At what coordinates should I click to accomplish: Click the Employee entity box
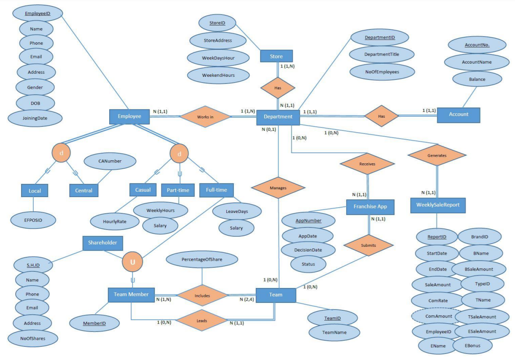point(129,116)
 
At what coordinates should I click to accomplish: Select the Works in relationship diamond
point(205,117)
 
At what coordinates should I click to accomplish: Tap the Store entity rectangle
point(276,56)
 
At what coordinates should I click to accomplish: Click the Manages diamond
point(278,187)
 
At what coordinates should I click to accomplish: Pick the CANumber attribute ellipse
point(110,161)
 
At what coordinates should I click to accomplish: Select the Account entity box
point(458,114)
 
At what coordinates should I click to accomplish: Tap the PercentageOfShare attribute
point(202,259)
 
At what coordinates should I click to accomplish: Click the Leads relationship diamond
point(202,320)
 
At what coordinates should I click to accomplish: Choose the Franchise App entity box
point(370,206)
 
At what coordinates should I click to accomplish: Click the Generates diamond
point(436,155)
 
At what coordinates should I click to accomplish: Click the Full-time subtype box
point(216,190)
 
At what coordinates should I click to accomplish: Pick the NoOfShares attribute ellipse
point(33,338)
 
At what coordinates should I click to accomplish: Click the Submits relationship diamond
point(368,245)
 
